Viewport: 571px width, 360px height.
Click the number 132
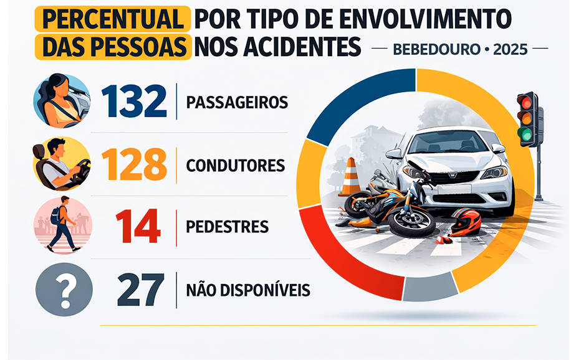point(133,101)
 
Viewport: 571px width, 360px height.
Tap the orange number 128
point(133,164)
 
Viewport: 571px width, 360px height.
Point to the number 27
point(140,290)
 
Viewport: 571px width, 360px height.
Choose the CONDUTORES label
point(235,166)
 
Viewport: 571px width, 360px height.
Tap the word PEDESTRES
point(227,227)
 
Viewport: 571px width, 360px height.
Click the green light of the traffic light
point(526,133)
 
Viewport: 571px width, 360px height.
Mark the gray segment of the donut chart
point(430,288)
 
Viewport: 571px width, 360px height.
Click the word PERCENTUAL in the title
point(113,21)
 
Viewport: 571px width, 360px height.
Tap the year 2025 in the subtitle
point(510,49)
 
